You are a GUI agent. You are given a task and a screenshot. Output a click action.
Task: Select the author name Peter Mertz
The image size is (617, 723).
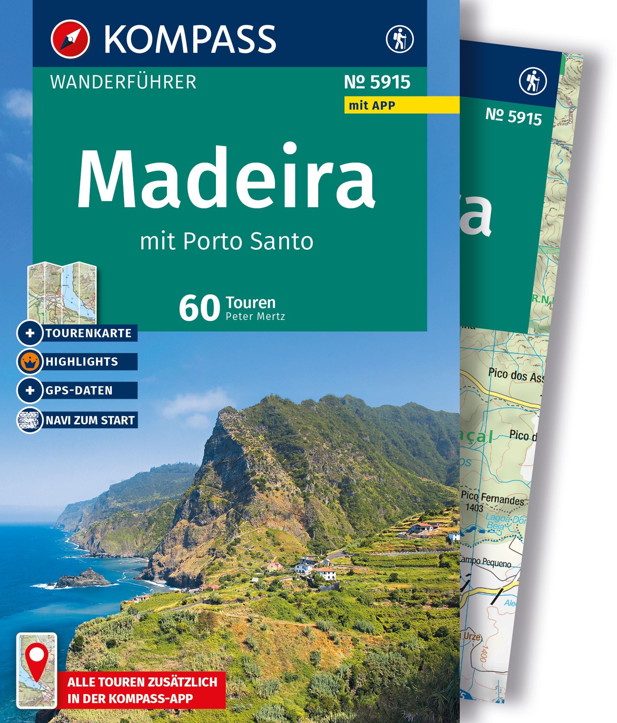[x=256, y=316]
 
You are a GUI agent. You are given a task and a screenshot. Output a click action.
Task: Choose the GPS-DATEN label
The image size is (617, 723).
[x=79, y=390]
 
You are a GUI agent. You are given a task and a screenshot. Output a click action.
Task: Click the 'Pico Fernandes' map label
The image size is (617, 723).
[x=493, y=498]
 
